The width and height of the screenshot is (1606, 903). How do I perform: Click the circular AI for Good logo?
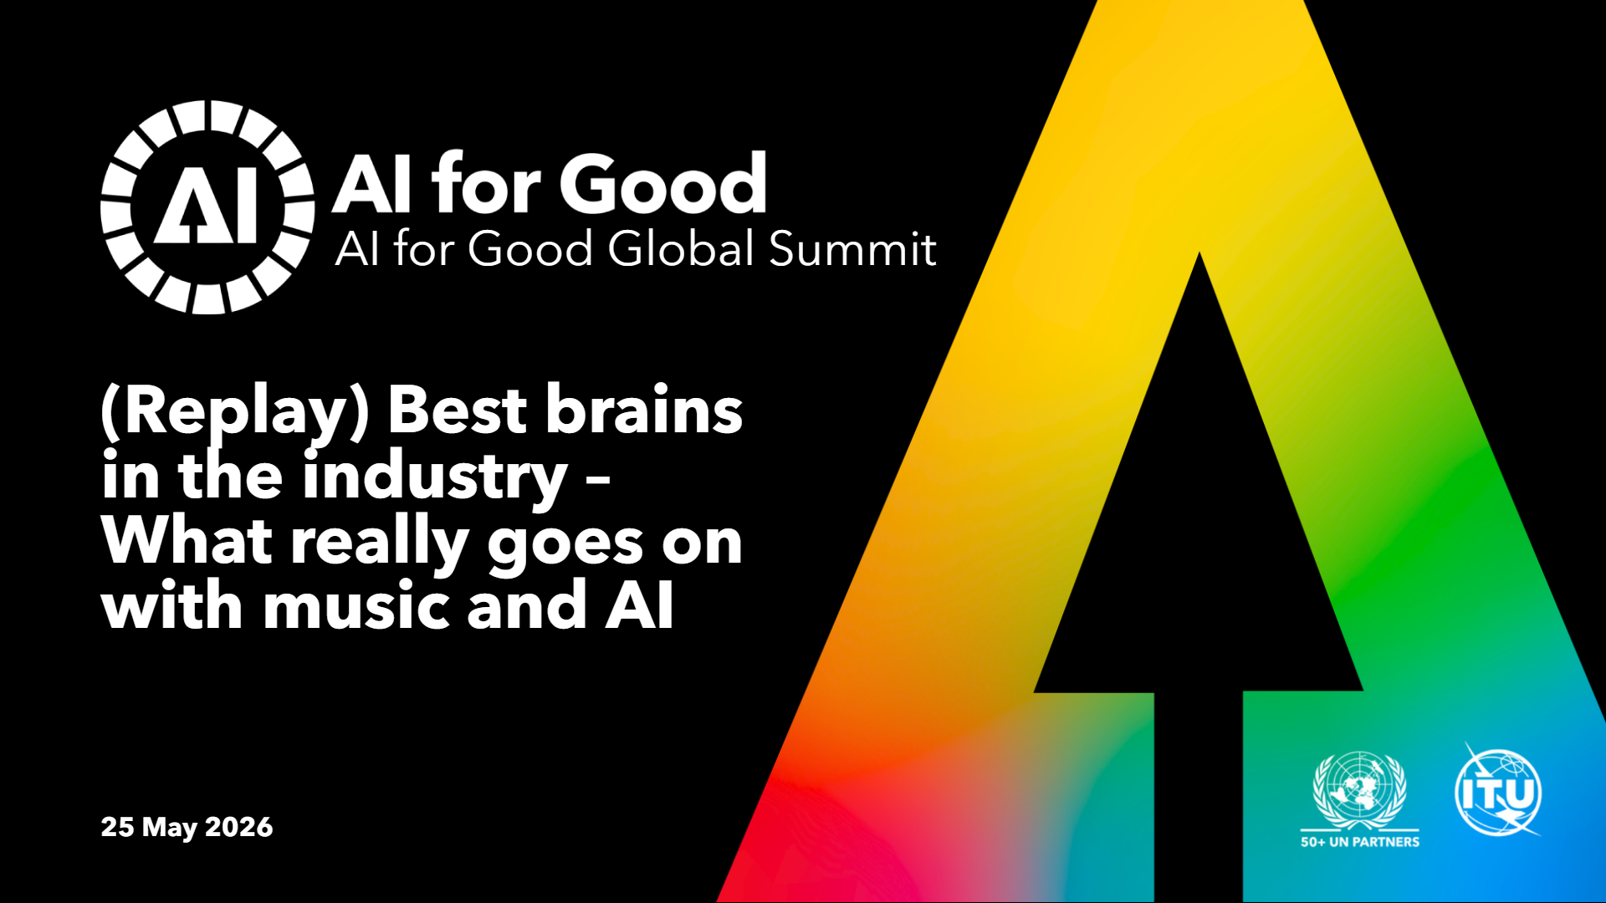(207, 207)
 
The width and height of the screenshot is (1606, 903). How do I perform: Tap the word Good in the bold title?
(663, 184)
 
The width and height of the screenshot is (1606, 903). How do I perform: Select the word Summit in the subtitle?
(852, 248)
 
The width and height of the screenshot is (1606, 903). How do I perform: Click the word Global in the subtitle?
(683, 248)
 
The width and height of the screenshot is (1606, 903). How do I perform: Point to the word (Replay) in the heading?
(235, 412)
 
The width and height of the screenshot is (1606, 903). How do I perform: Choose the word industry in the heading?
(436, 477)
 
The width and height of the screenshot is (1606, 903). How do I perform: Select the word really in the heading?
(380, 544)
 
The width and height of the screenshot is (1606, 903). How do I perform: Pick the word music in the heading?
(359, 605)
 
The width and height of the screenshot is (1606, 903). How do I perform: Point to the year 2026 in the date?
(239, 827)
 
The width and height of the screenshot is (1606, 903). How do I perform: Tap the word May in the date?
(170, 828)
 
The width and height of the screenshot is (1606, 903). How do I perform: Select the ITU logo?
(1498, 790)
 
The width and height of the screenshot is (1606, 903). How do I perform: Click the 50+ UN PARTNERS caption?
(1360, 842)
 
